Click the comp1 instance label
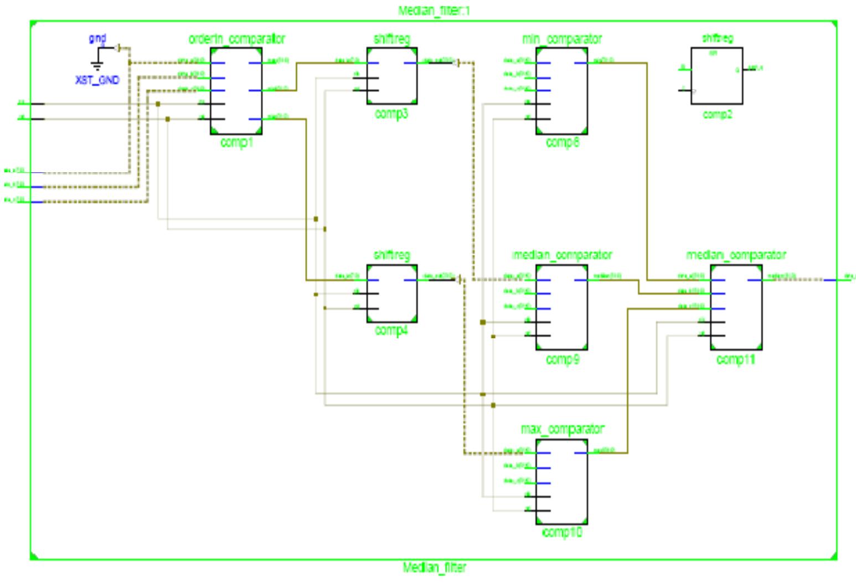pos(236,142)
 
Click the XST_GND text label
pos(97,80)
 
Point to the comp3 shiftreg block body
pos(391,76)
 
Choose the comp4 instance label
pos(391,331)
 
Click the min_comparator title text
pos(561,39)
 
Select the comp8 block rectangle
pos(561,91)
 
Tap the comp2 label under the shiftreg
pos(718,115)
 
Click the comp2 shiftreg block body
pos(716,76)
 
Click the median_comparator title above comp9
pos(561,255)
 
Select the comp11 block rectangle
pos(736,307)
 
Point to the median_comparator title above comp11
pos(736,255)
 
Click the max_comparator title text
pos(562,429)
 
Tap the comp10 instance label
pos(561,534)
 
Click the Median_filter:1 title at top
pos(435,11)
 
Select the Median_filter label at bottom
pos(435,567)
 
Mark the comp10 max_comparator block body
pos(561,482)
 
